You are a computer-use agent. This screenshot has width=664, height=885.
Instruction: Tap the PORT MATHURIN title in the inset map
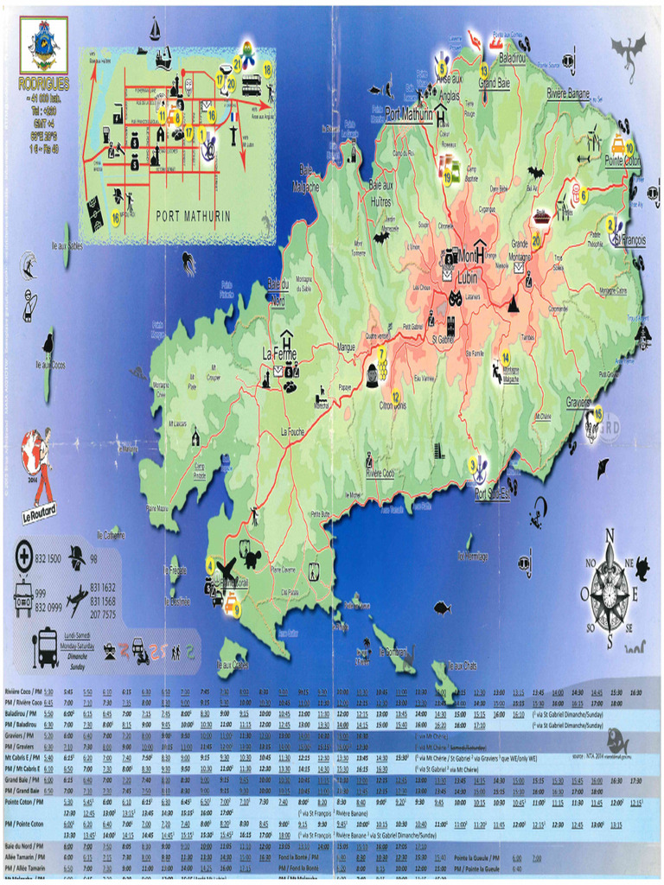click(195, 216)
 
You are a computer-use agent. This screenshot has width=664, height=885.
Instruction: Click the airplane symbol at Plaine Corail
click(227, 570)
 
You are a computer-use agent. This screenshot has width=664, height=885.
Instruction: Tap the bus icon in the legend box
click(46, 647)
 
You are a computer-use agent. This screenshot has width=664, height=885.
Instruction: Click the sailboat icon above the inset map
click(156, 29)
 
